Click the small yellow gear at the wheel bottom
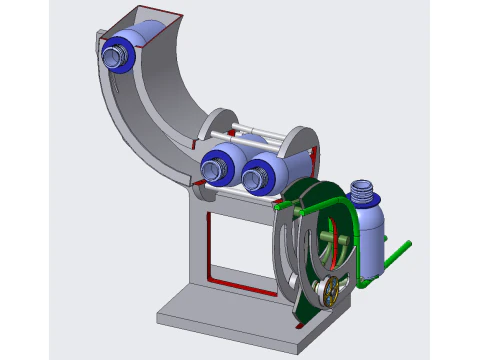coord(327,293)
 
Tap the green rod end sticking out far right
coord(405,245)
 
